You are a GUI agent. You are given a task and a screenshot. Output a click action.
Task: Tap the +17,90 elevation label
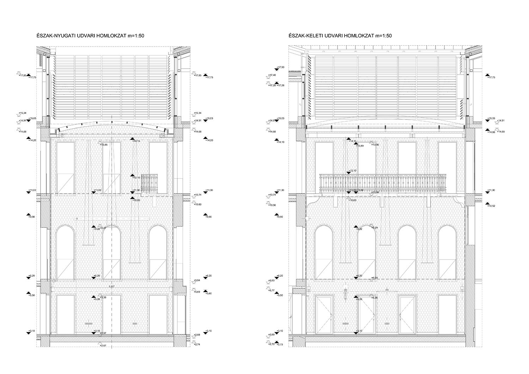[281, 67]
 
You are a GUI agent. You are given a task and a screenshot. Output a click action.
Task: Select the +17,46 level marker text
[272, 75]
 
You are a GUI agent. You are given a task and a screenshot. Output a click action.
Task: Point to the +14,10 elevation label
[280, 142]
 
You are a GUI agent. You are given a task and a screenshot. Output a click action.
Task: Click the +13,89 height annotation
[360, 146]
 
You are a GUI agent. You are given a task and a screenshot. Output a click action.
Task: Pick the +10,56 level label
[272, 205]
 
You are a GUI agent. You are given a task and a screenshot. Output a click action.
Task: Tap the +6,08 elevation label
[375, 278]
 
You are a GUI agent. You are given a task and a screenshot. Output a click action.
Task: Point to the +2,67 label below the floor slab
[103, 345]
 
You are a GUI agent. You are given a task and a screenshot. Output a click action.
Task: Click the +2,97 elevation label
[103, 333]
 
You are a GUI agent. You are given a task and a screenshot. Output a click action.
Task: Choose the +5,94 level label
[197, 280]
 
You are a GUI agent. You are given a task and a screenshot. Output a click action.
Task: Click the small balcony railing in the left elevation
[149, 183]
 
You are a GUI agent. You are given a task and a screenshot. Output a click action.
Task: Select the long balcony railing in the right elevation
[383, 183]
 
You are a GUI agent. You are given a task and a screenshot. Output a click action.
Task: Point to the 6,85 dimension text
[112, 287]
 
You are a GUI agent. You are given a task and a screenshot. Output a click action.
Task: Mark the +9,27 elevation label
[103, 228]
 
